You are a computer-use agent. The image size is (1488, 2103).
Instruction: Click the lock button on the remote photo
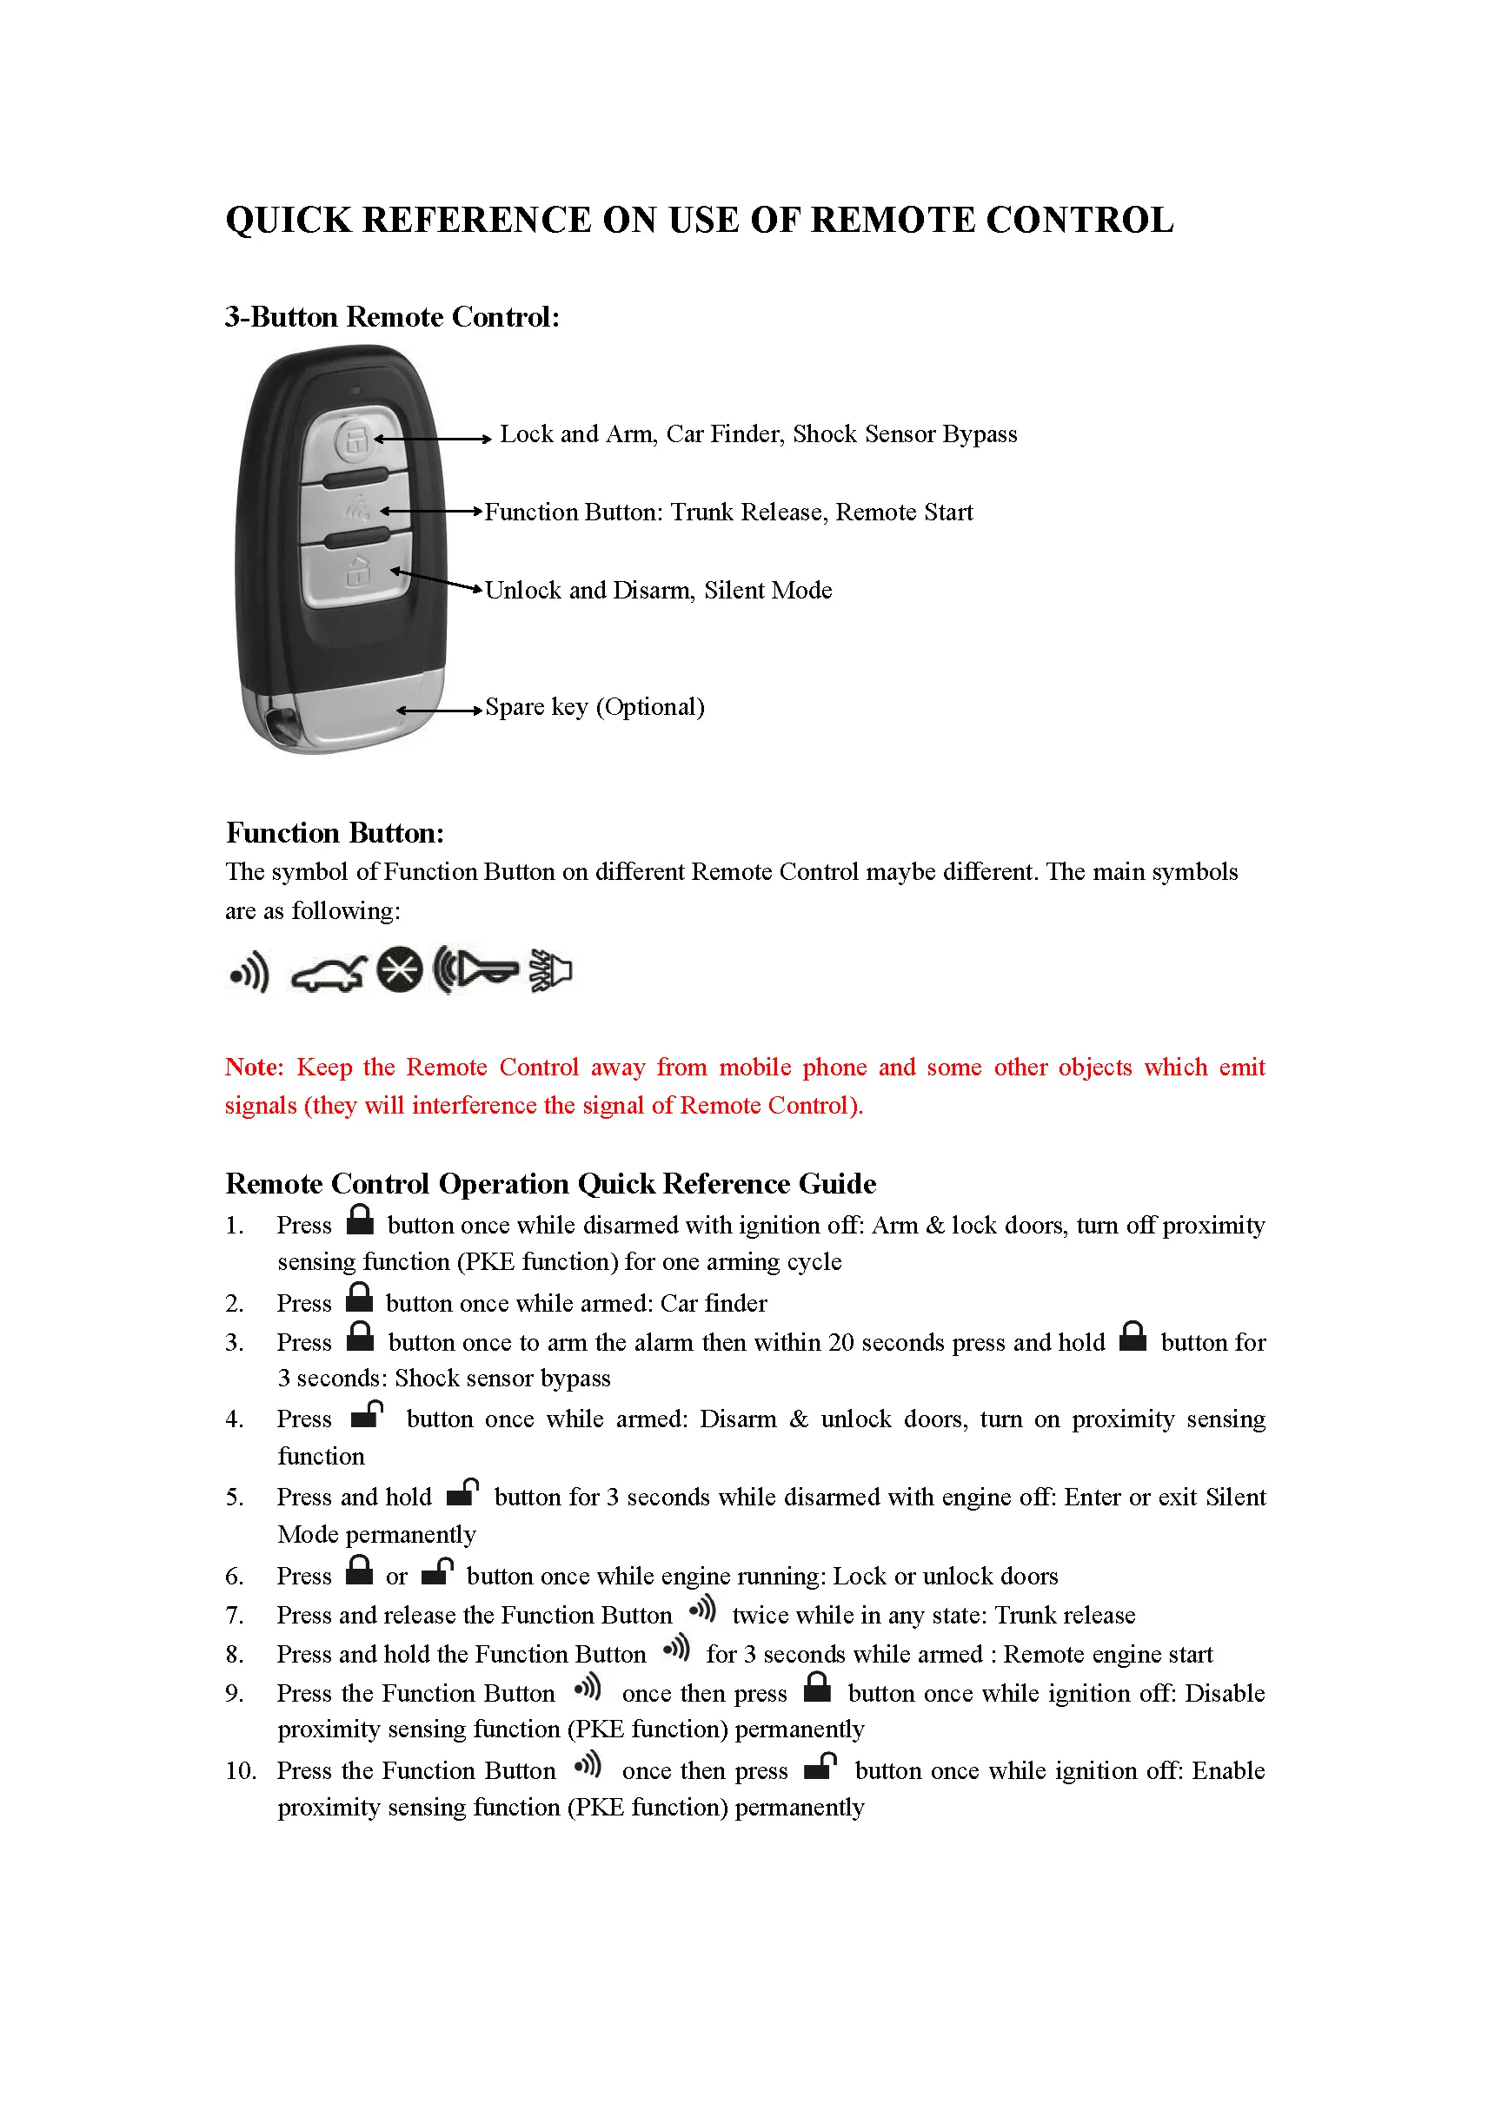354,440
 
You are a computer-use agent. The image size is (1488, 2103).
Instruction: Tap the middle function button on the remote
357,509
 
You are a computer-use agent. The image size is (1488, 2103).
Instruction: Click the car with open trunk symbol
328,974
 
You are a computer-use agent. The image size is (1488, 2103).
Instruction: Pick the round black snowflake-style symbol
400,969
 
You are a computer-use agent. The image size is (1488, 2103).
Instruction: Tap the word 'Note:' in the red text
254,1067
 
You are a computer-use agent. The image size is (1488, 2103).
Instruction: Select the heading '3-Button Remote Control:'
391,317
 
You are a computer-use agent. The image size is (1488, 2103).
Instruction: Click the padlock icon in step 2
359,1297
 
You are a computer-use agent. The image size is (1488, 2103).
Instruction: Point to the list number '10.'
240,1770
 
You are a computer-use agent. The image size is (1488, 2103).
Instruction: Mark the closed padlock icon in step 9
816,1687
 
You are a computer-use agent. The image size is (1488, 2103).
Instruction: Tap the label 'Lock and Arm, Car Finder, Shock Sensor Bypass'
758,434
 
